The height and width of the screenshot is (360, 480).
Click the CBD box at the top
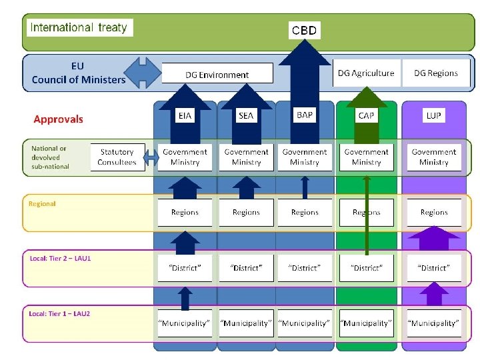[305, 30]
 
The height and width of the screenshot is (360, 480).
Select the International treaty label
[80, 27]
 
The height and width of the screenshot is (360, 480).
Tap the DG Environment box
[217, 74]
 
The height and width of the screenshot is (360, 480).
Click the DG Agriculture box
[366, 73]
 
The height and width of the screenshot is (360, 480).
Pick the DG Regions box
[435, 73]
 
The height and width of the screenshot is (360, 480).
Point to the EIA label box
[185, 115]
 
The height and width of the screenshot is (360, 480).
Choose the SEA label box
[246, 115]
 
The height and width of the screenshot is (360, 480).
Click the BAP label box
[304, 115]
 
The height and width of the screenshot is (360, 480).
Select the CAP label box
[366, 115]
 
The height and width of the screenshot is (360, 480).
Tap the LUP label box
[434, 115]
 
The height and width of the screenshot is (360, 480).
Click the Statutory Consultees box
[117, 157]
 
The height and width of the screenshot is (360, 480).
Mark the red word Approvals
[59, 119]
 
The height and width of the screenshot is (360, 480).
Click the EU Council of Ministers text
[78, 73]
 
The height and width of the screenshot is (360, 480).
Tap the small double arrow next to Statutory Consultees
[151, 158]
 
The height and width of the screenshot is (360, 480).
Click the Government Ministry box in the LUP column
[434, 157]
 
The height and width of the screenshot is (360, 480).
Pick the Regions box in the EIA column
[185, 212]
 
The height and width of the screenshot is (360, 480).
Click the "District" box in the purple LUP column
[434, 268]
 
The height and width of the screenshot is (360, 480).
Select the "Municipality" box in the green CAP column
[366, 323]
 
